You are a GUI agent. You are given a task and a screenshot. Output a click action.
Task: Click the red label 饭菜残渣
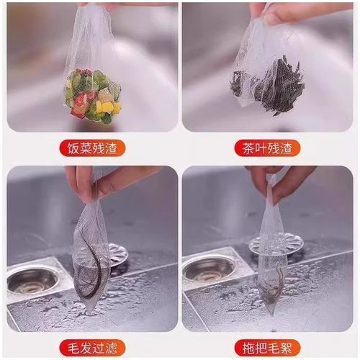(92, 149)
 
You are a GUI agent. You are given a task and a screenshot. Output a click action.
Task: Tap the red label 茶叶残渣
(266, 149)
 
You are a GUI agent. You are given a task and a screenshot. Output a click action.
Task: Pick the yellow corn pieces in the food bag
(108, 108)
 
